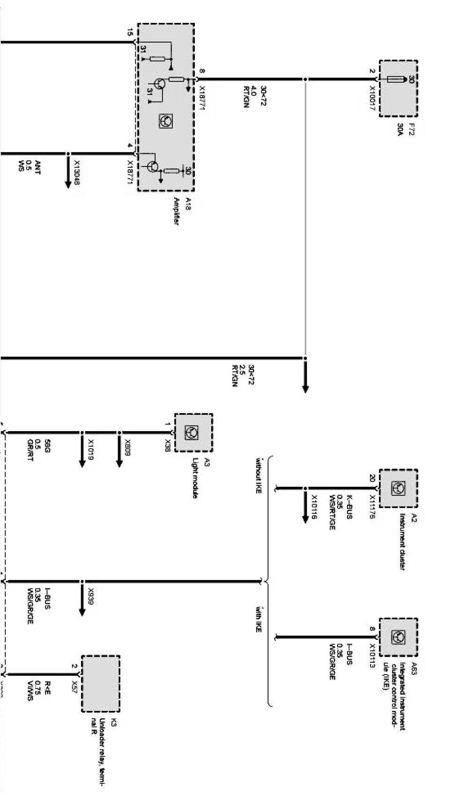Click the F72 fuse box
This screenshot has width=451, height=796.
(x=398, y=88)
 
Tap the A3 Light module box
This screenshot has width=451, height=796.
(x=193, y=433)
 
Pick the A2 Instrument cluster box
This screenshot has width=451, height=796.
(x=398, y=488)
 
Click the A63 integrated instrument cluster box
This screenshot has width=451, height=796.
(x=398, y=637)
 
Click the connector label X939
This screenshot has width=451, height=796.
(x=91, y=597)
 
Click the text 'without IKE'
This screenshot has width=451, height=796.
(x=258, y=477)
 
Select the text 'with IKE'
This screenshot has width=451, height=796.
(x=258, y=620)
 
